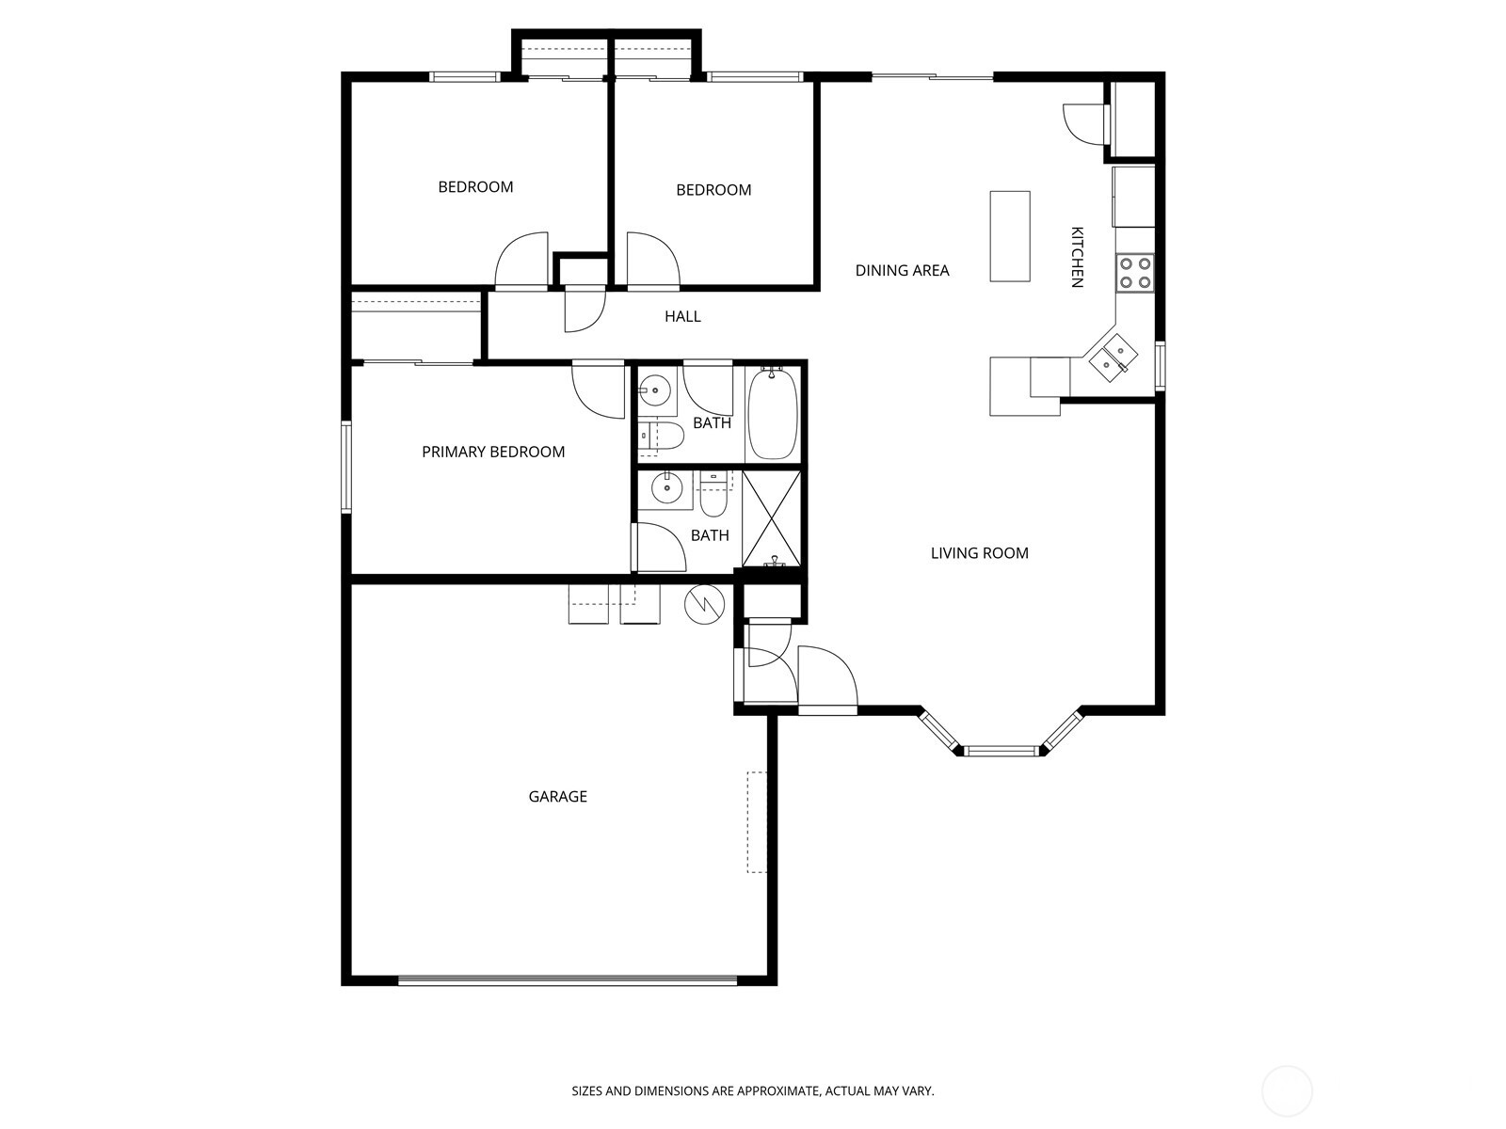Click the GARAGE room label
coord(557,796)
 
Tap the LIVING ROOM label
coord(979,552)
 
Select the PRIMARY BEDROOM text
coord(493,452)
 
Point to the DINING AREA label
coord(902,270)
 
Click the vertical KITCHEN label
coord(1078,257)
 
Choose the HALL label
coord(682,316)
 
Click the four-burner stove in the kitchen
coord(1134,272)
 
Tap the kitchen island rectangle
coord(1009,235)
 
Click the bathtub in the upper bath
coord(773,414)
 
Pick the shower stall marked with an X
coord(772,518)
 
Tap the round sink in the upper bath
coord(656,388)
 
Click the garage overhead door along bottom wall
coord(568,980)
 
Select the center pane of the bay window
coord(1001,751)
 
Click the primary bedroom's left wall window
coord(346,467)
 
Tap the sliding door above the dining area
coord(932,76)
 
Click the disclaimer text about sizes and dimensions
coord(753,1091)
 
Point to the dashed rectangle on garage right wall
coord(756,821)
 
